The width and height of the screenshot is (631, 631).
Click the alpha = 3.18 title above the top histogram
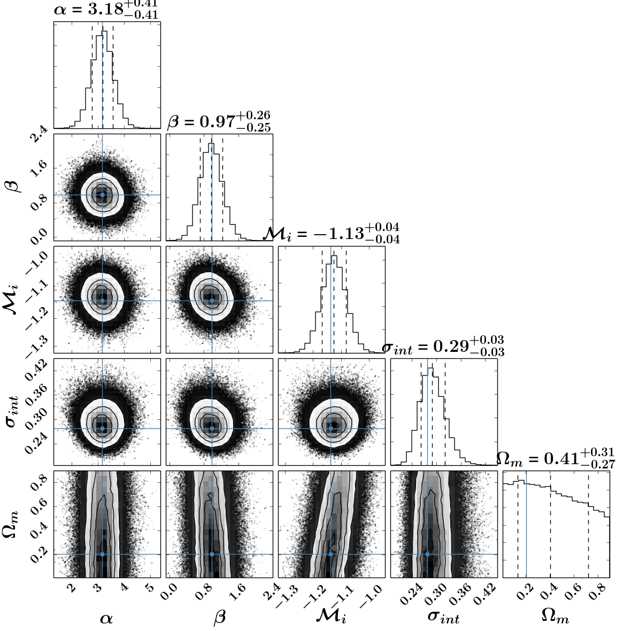tap(106, 10)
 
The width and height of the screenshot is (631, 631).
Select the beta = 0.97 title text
tap(219, 121)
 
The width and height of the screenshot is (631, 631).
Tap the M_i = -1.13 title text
tap(332, 233)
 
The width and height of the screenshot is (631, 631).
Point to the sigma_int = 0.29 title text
tap(443, 345)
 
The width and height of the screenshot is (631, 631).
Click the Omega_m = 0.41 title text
tap(556, 458)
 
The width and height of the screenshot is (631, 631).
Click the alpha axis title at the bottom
tap(106, 618)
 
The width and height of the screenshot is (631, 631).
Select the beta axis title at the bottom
tap(219, 617)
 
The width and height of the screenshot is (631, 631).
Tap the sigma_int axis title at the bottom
tap(443, 617)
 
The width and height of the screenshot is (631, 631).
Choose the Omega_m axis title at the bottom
tap(556, 616)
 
